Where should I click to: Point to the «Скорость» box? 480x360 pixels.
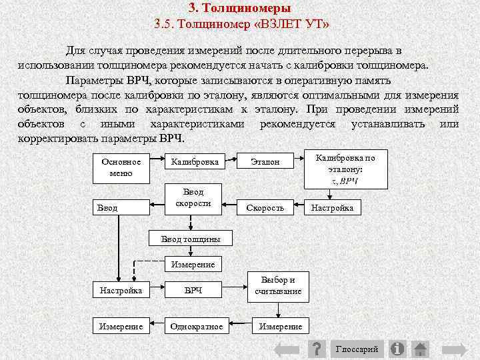coord(265,208)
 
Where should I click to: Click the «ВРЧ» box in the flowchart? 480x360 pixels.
coord(193,291)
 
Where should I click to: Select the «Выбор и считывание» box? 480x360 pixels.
coord(278,285)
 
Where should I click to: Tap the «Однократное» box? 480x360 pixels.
coord(197,327)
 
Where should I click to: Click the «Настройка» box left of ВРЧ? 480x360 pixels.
coord(121,291)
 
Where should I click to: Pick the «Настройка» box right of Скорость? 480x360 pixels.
coord(332,208)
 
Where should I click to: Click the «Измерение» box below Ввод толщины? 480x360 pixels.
coord(193,265)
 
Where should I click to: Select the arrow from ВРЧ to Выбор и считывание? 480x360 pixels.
coord(236,291)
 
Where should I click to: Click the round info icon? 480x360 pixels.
coord(398,349)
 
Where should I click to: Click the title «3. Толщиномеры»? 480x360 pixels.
coord(239,9)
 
